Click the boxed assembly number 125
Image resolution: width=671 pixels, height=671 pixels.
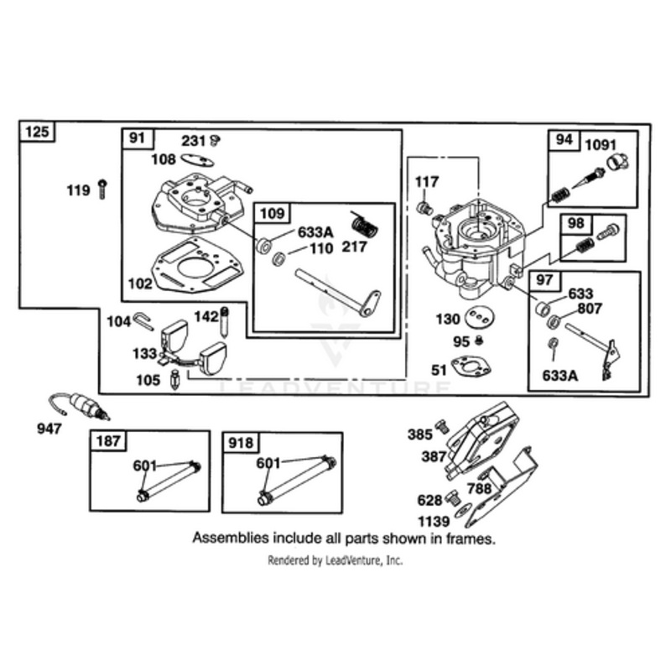(36, 132)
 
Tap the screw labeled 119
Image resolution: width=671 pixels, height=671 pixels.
(101, 190)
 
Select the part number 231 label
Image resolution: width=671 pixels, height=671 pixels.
(194, 140)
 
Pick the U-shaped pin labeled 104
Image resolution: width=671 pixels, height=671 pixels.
(143, 320)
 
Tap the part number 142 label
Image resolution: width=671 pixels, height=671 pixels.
(206, 316)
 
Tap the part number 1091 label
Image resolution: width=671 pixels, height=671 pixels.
(600, 143)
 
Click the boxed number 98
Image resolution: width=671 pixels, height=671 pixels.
(576, 225)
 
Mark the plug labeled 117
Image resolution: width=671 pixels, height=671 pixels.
(424, 207)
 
